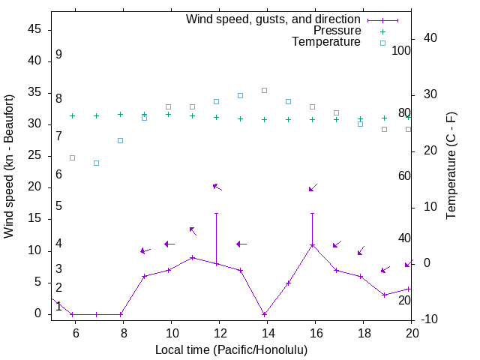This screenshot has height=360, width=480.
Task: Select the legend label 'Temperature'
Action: click(326, 42)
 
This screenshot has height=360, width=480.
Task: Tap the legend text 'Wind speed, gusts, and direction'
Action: click(274, 19)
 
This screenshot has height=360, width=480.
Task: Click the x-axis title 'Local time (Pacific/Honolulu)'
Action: click(231, 349)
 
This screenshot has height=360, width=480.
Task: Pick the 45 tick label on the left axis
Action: click(34, 29)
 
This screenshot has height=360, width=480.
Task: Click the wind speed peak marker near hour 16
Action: click(313, 245)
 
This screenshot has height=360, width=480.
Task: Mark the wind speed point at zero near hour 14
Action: click(265, 314)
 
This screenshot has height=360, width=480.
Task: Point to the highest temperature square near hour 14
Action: click(265, 90)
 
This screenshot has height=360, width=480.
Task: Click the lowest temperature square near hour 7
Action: click(97, 163)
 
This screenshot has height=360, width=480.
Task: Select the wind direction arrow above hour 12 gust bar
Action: click(217, 186)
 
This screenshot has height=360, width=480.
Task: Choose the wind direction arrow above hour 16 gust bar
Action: click(313, 187)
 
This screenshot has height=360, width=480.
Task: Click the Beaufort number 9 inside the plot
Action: click(58, 55)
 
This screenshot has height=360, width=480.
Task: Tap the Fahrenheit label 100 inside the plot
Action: click(401, 50)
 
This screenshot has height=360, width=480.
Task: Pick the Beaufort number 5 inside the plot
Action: click(58, 206)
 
